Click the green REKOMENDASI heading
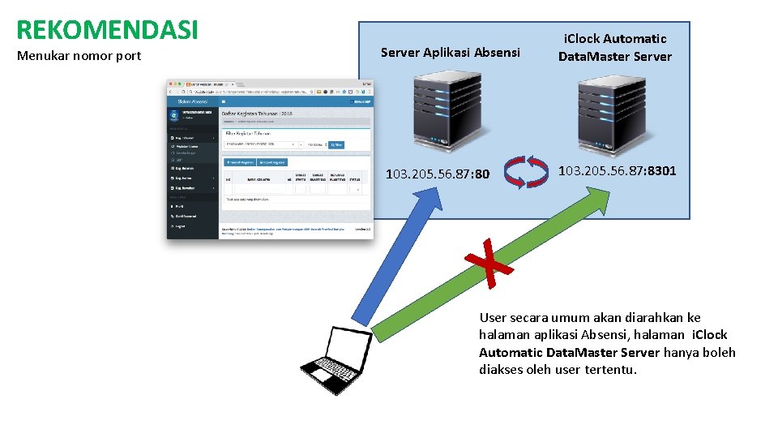(107, 29)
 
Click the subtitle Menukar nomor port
(79, 56)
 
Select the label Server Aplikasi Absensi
(450, 53)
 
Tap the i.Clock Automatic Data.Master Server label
(614, 47)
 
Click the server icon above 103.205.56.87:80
(446, 114)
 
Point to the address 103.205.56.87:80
(438, 174)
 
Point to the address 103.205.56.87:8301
(617, 171)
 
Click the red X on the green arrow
(489, 261)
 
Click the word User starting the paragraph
(493, 317)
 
